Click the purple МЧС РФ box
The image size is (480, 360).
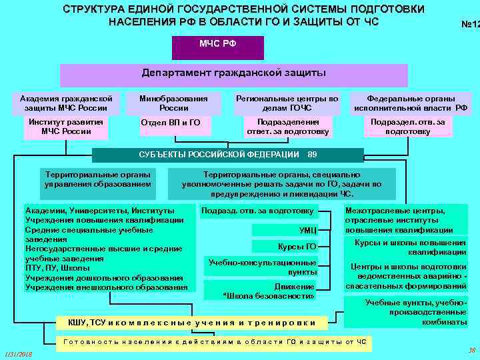click(x=217, y=47)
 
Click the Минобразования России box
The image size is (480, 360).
click(x=173, y=103)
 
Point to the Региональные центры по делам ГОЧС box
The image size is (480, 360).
click(x=287, y=103)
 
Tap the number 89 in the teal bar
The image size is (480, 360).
click(x=312, y=155)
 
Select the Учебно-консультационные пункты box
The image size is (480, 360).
click(x=263, y=267)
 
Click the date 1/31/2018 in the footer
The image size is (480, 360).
click(x=18, y=353)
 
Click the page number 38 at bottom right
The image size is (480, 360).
click(x=471, y=349)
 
